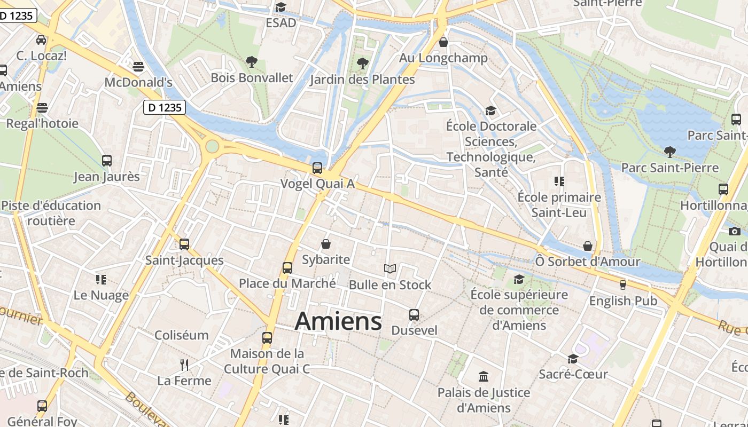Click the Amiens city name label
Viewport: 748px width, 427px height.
(x=338, y=321)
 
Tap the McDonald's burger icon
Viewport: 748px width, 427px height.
(x=138, y=67)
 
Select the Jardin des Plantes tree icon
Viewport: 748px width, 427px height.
(x=363, y=64)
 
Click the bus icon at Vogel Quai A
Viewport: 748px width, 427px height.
(x=317, y=168)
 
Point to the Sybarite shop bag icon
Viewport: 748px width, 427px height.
(x=326, y=244)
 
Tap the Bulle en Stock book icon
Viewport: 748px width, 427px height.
(x=390, y=269)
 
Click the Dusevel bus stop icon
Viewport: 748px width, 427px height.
(x=414, y=315)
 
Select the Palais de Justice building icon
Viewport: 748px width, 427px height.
(x=484, y=377)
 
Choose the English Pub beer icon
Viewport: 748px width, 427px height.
(x=622, y=285)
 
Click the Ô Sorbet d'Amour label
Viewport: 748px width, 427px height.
(x=588, y=262)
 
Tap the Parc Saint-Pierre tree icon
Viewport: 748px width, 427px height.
(x=669, y=152)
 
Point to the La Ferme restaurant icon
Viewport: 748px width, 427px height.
(x=184, y=365)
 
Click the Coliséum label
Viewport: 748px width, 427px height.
(x=181, y=335)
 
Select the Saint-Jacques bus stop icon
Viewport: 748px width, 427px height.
(x=184, y=244)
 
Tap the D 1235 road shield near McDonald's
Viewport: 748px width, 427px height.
(x=165, y=107)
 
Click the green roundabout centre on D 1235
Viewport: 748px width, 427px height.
(x=213, y=146)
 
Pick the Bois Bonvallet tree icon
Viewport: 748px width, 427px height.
(x=252, y=62)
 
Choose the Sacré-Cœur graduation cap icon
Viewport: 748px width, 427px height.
(x=573, y=359)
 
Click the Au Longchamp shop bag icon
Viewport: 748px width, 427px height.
(x=443, y=42)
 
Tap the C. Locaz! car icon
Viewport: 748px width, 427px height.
(x=41, y=40)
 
